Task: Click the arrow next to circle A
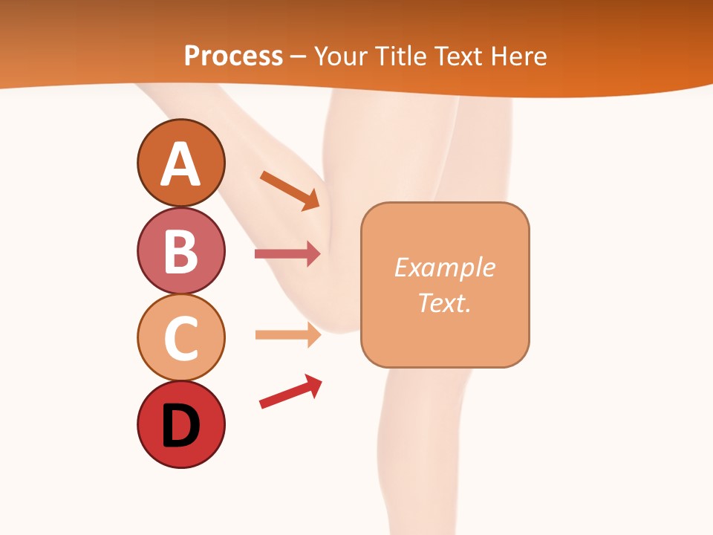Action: [x=290, y=190]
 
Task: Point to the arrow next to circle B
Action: [x=287, y=253]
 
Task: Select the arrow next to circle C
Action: [x=287, y=334]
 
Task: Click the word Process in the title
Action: [x=233, y=56]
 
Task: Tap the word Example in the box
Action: [x=444, y=267]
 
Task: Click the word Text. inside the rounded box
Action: [x=444, y=302]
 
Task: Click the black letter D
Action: [x=180, y=426]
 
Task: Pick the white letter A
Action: [x=180, y=164]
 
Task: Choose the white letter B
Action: [x=180, y=251]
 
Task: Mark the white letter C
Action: [x=180, y=338]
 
